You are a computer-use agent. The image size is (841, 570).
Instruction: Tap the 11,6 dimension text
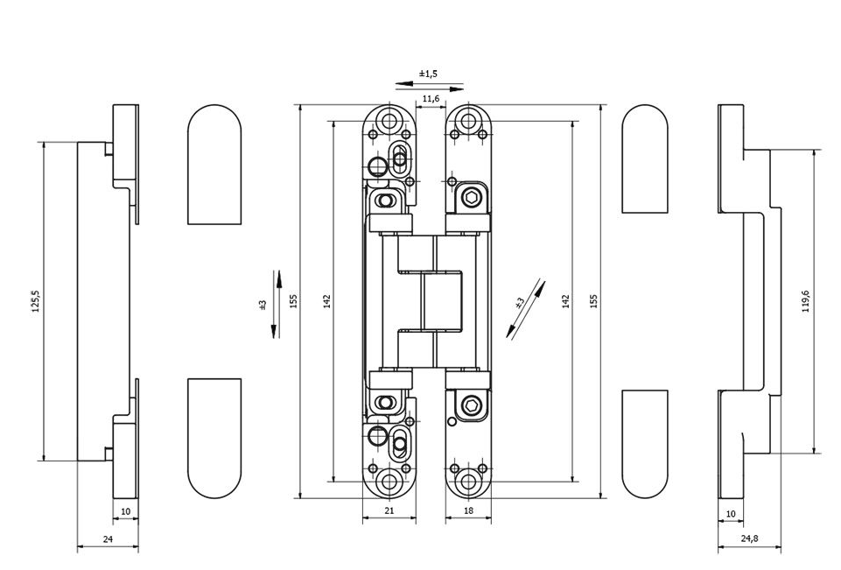click(431, 100)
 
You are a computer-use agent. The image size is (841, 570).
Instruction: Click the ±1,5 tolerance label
click(428, 74)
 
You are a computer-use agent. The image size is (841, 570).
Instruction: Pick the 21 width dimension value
click(389, 510)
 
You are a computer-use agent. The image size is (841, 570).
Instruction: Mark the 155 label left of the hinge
click(294, 301)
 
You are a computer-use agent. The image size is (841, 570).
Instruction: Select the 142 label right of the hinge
click(565, 301)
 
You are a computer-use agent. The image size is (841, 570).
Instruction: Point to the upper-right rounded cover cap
click(645, 158)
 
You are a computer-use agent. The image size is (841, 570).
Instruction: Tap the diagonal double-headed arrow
click(525, 309)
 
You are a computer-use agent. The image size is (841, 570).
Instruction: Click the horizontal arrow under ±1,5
click(428, 86)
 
